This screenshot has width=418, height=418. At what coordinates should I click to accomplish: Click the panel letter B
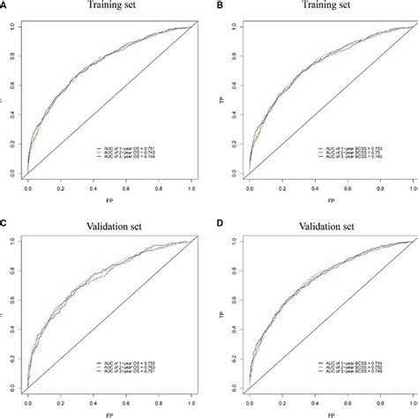pos(215,4)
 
